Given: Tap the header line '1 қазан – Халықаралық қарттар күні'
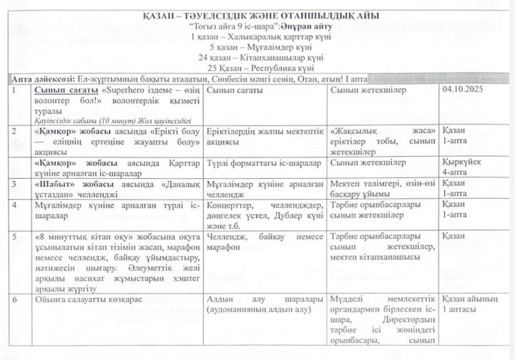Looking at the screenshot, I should [x=257, y=35].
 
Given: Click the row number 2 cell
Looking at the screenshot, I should [x=17, y=132].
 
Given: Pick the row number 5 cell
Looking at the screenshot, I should [x=17, y=235].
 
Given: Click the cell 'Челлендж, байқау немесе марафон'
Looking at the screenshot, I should [x=265, y=241].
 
